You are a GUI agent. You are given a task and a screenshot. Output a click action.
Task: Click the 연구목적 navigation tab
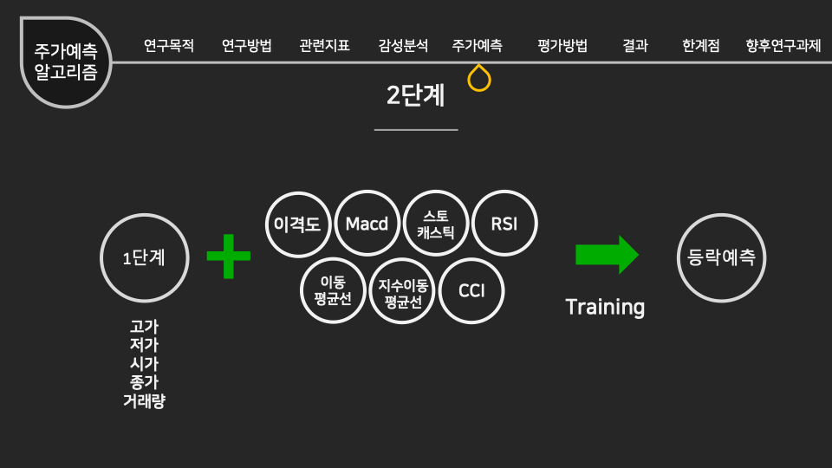[169, 46]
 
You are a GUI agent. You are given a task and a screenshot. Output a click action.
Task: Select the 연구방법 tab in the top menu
[247, 46]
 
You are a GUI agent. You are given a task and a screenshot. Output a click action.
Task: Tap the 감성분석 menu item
[403, 46]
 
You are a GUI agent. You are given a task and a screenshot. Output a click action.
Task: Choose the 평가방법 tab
[562, 46]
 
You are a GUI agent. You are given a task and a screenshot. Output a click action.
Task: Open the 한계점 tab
[701, 46]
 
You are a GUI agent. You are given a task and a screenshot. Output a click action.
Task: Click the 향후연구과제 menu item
[783, 46]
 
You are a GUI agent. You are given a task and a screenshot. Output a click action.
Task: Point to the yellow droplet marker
[479, 79]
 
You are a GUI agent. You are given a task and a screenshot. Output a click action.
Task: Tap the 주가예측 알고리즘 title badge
[66, 62]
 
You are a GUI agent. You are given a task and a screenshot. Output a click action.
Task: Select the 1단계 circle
[145, 257]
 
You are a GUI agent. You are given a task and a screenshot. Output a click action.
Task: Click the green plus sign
[229, 257]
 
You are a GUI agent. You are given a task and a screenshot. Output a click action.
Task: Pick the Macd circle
[367, 224]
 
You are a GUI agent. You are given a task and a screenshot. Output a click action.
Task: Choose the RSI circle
[504, 224]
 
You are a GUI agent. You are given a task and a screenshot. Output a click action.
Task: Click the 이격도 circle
[297, 224]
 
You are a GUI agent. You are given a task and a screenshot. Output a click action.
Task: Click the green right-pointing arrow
[607, 255]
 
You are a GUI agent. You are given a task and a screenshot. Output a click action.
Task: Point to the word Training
[605, 307]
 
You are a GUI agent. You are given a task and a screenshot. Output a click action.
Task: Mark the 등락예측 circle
[721, 257]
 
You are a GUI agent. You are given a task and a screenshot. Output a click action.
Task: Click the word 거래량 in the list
[145, 401]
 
